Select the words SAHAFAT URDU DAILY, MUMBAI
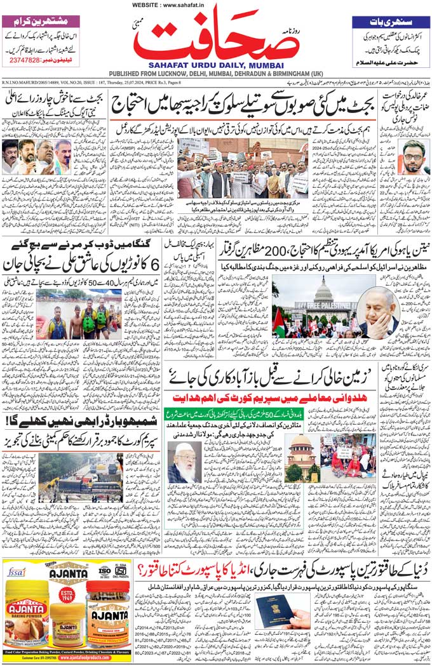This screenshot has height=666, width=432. click(x=216, y=65)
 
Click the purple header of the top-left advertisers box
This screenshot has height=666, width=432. click(x=41, y=20)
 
